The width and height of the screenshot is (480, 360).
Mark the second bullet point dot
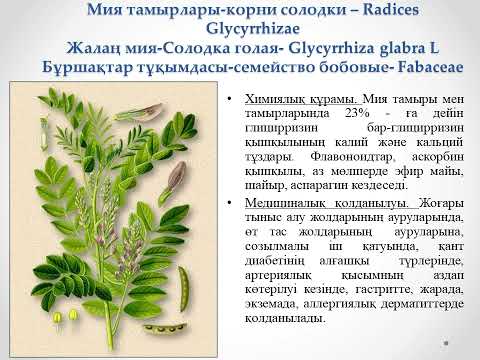point(231,199)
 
